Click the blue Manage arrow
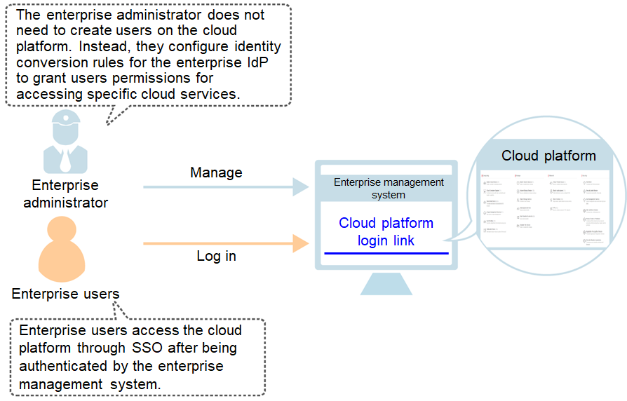pyautogui.click(x=224, y=187)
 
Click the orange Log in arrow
pyautogui.click(x=224, y=244)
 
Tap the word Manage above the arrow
pyautogui.click(x=216, y=172)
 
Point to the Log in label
pyautogui.click(x=216, y=256)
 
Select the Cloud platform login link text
pyautogui.click(x=386, y=232)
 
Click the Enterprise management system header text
pyautogui.click(x=389, y=188)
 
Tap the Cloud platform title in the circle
pyautogui.click(x=548, y=156)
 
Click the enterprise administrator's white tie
pyautogui.click(x=65, y=159)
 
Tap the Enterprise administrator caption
pyautogui.click(x=65, y=194)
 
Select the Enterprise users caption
pyautogui.click(x=65, y=294)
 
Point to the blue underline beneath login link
pyautogui.click(x=386, y=253)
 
